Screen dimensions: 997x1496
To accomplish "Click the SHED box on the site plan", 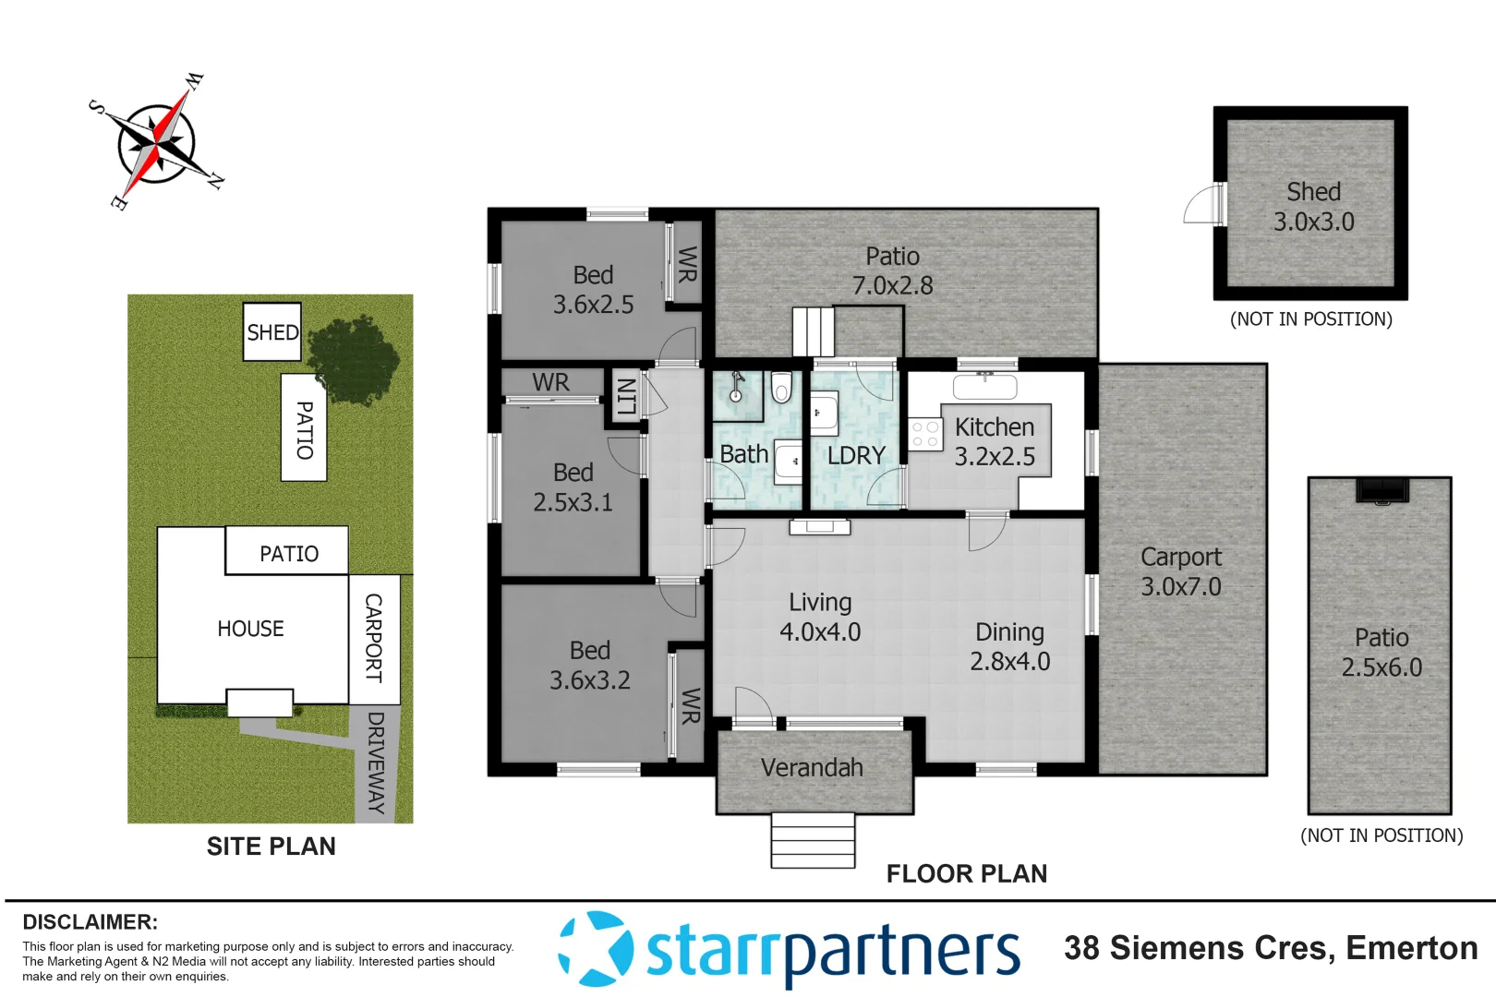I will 272,332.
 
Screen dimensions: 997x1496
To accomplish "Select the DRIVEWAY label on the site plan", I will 375,763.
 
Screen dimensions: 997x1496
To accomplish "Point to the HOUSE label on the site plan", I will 250,629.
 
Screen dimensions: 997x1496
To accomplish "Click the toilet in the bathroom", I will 781,389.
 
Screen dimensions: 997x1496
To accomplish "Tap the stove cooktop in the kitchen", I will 925,434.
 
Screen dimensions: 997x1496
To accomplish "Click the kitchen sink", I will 984,385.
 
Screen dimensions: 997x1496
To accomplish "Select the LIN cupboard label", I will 625,397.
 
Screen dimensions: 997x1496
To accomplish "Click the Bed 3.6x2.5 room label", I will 593,289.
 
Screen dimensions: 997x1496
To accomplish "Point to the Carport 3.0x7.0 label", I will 1181,571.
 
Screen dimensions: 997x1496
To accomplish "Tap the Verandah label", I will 812,767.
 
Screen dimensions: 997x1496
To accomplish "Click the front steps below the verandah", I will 813,839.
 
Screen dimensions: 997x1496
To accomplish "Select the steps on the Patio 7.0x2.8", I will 813,330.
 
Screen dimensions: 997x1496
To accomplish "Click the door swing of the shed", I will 1202,205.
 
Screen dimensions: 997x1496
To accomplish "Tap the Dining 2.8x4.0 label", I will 1009,646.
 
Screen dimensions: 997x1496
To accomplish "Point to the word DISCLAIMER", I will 90,922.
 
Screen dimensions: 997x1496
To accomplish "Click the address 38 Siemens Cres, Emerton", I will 1271,948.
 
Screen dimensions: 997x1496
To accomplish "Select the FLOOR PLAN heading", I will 966,873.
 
